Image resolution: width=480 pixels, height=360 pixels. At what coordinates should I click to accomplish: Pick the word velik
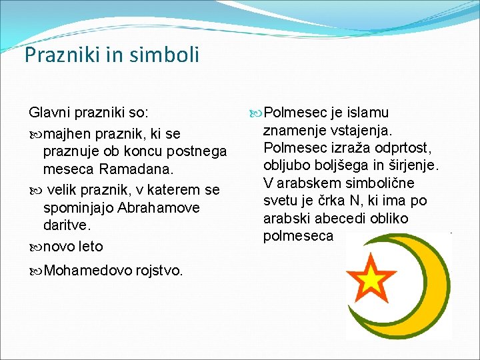[x=65, y=190]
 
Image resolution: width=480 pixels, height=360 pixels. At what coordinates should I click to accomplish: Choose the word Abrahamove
[x=159, y=208]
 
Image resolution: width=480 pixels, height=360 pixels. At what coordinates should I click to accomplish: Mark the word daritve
[x=67, y=227]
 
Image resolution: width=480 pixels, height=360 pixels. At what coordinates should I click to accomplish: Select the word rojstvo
[x=159, y=271]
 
